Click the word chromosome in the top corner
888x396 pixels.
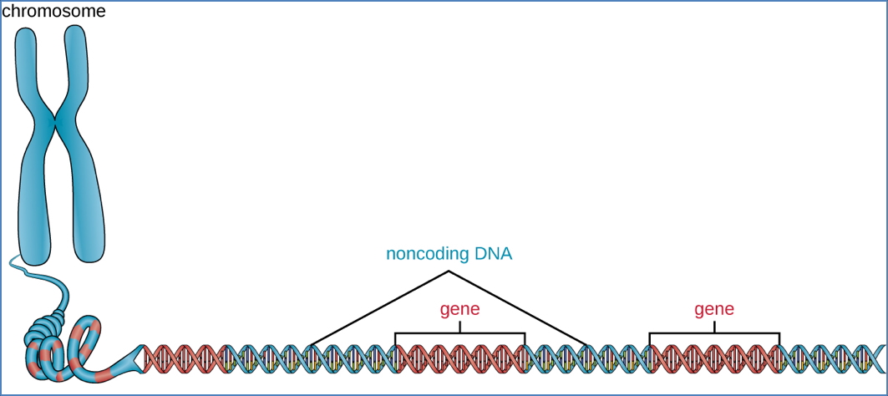coord(53,13)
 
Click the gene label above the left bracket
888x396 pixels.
coord(460,310)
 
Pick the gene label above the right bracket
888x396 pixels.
coord(714,310)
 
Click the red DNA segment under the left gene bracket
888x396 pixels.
coord(459,358)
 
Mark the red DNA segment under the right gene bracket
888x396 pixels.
coord(714,358)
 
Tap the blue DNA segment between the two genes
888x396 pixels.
coord(587,358)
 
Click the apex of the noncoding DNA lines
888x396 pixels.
coord(449,272)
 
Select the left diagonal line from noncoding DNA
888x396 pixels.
coord(380,307)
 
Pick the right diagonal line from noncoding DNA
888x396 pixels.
coord(518,307)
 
